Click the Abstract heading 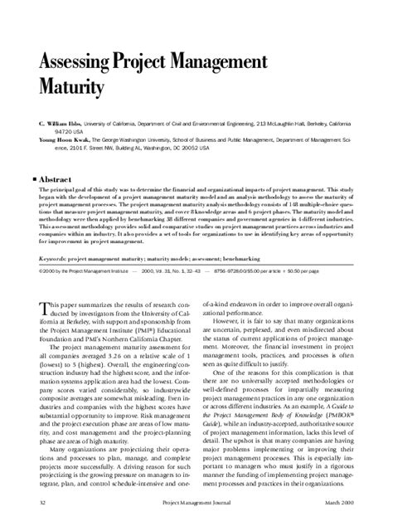56,178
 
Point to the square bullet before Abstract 34,178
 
